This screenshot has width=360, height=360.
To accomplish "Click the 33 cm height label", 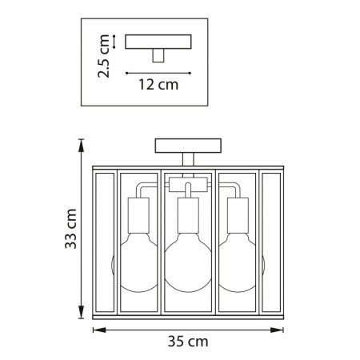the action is click(71, 229).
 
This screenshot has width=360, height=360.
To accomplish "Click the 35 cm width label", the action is click(188, 342).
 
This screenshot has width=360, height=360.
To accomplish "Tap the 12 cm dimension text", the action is click(158, 85).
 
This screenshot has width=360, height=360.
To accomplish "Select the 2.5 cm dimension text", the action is click(104, 56).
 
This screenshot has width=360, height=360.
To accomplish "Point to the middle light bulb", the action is click(188, 262).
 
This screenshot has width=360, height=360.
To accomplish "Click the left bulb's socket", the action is click(138, 215).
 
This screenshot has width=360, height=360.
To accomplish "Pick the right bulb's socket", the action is click(238, 215).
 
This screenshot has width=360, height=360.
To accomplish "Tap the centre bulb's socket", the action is click(188, 215).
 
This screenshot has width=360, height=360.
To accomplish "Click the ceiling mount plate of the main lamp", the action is click(188, 146).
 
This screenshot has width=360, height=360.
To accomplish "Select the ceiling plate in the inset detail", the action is click(158, 42).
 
